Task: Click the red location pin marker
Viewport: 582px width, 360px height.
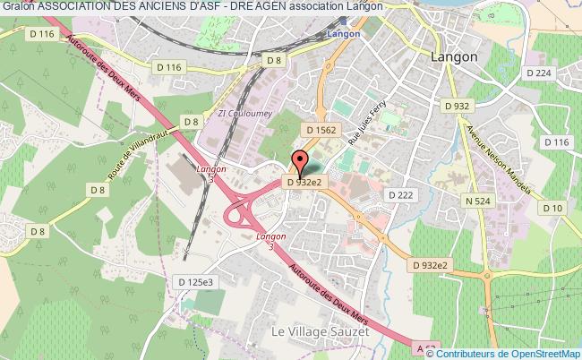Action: [x=299, y=166]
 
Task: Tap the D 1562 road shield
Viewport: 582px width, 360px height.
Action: [x=320, y=130]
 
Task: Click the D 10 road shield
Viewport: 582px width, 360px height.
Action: [x=552, y=209]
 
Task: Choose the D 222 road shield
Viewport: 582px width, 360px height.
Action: [x=398, y=194]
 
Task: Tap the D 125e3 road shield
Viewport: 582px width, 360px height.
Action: [x=194, y=282]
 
